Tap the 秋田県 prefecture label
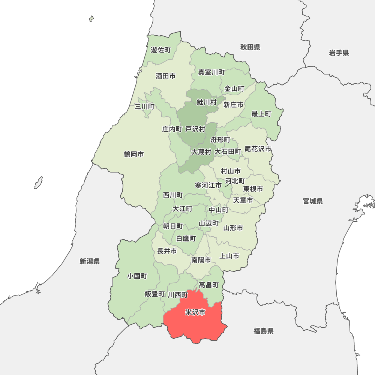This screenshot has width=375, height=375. [x=250, y=47]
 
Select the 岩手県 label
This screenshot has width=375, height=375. [x=339, y=53]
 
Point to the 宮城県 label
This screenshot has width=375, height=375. [x=313, y=201]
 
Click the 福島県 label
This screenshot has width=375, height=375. [x=263, y=331]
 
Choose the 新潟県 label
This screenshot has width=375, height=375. [x=90, y=261]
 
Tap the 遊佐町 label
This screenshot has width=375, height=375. [x=161, y=50]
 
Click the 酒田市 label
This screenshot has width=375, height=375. [x=165, y=76]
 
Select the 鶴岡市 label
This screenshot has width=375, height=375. [x=134, y=154]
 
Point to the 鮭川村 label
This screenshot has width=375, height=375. [x=207, y=102]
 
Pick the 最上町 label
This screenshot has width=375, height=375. [x=261, y=114]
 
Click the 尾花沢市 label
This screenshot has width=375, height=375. [x=258, y=149]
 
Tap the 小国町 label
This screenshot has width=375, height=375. [x=137, y=276]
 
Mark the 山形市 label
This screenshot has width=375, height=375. [x=233, y=228]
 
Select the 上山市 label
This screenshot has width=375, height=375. [x=229, y=256]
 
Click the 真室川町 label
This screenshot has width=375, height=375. [x=211, y=72]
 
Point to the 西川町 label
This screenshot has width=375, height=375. [x=173, y=195]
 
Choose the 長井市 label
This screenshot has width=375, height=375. [x=167, y=251]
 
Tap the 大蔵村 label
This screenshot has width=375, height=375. [x=201, y=152]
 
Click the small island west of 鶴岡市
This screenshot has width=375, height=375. [x=38, y=183]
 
